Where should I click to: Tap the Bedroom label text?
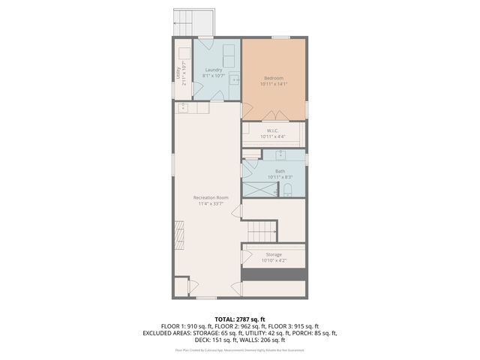coord(274,78)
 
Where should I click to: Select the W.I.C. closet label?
coord(273,130)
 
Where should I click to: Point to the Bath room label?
coord(280,171)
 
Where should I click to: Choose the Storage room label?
coord(273,255)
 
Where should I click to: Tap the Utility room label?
coord(178,73)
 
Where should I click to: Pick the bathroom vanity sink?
coord(280,155)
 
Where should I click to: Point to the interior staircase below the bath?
coord(259,228)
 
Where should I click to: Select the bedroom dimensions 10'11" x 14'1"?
coord(274,84)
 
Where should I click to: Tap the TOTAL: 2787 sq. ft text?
coord(240,319)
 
